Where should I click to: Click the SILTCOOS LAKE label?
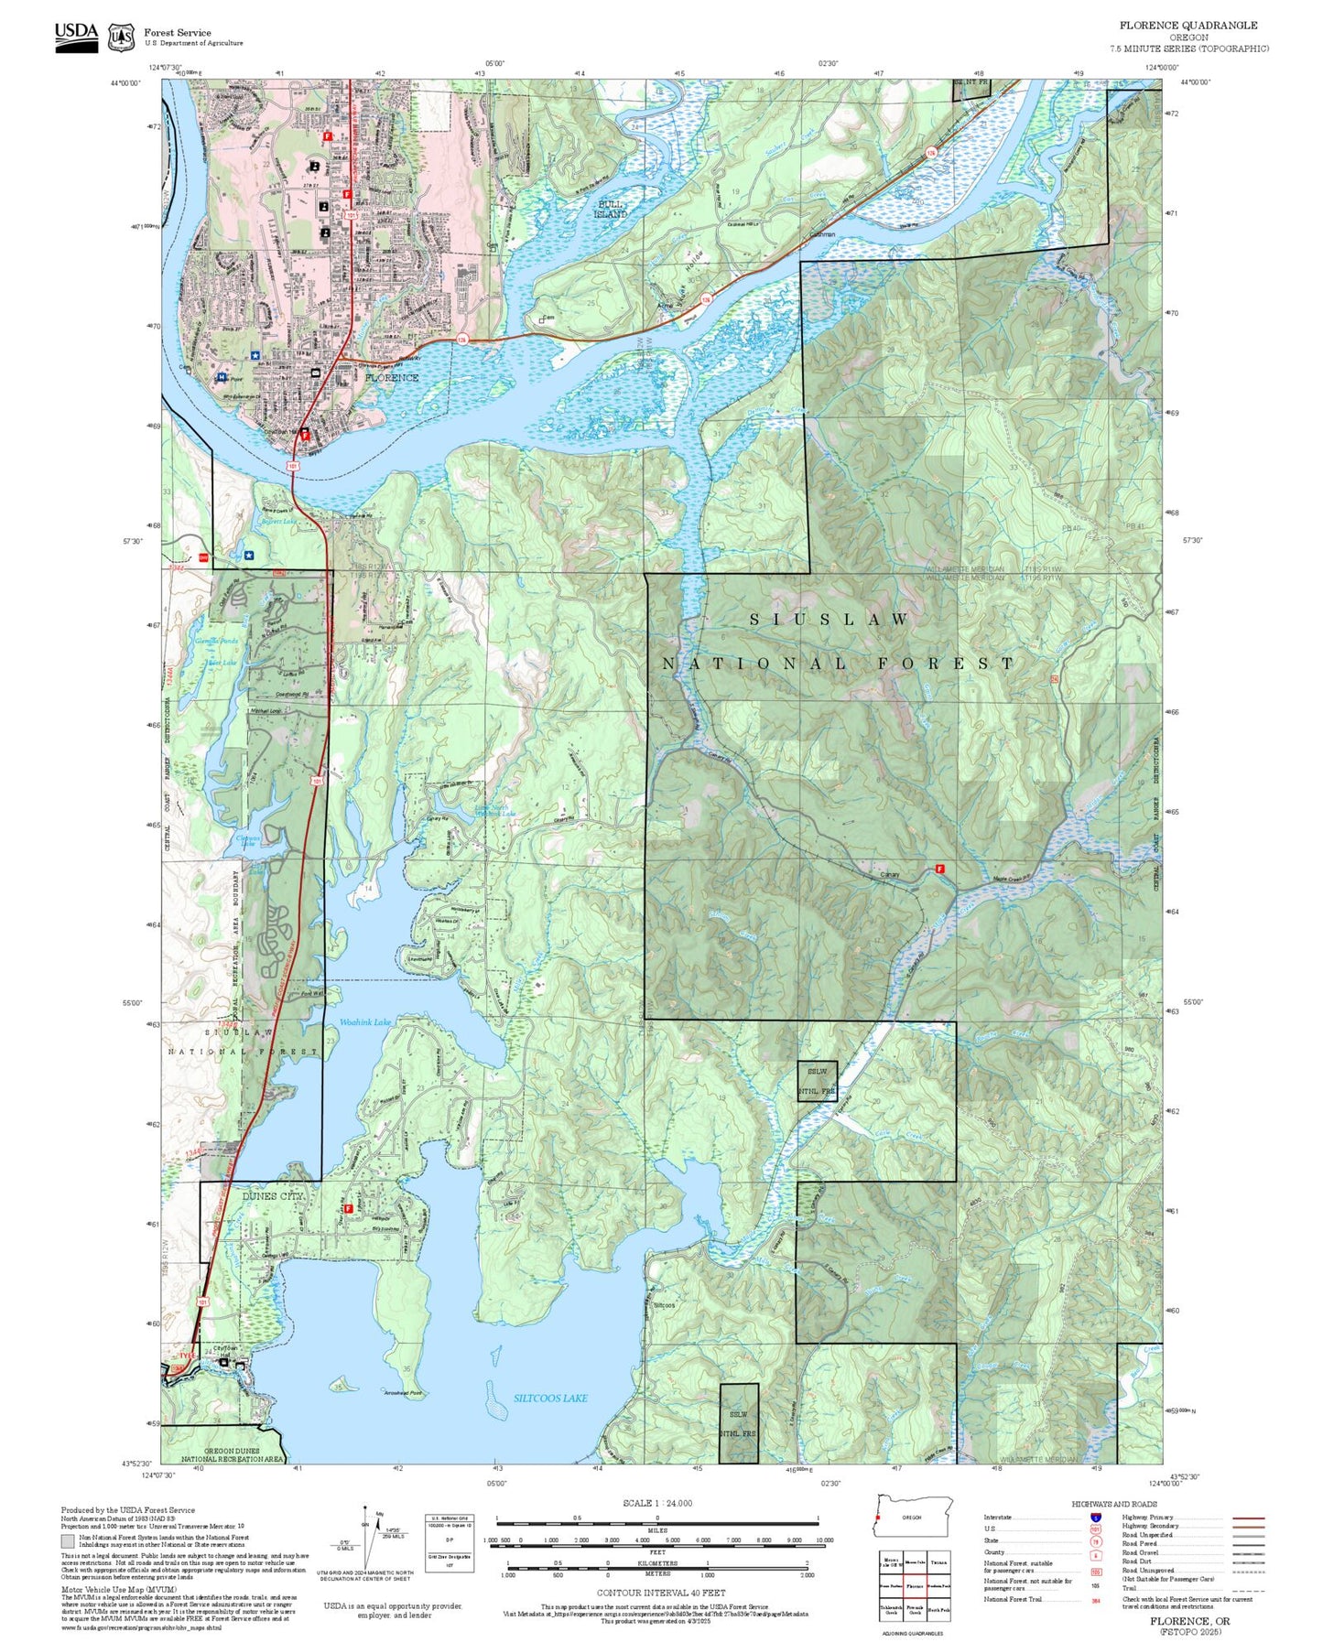(550, 1398)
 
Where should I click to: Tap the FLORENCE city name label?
(392, 377)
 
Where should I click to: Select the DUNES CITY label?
(272, 1196)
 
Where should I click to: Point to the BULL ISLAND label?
(611, 209)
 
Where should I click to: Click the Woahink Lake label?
(365, 1021)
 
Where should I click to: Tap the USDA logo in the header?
(76, 37)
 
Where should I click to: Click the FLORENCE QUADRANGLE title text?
(1188, 26)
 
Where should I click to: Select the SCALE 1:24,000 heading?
(657, 1503)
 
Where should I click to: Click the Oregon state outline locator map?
(912, 1517)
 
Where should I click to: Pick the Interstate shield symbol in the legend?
(1095, 1517)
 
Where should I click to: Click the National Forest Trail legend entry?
(1013, 1599)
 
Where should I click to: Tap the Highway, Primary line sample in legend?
(1248, 1518)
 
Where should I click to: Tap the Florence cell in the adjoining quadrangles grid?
(915, 1585)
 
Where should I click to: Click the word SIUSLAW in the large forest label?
(830, 620)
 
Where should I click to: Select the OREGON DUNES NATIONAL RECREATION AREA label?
(233, 1455)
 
